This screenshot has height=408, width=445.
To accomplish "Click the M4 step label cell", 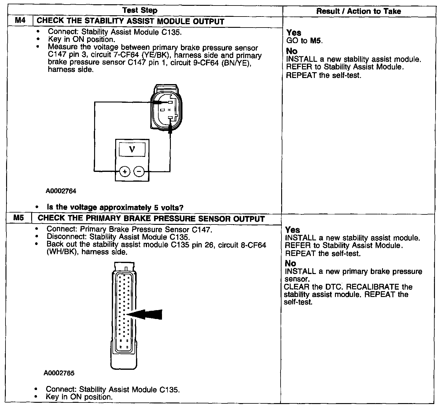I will pyautogui.click(x=19, y=21).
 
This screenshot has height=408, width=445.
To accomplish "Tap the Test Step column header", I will pyautogui.click(x=140, y=11).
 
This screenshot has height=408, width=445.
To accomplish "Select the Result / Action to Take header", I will pyautogui.click(x=359, y=11).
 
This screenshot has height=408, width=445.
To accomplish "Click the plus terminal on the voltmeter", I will pyautogui.click(x=124, y=172).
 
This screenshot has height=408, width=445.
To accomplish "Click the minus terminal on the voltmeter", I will pyautogui.click(x=139, y=172).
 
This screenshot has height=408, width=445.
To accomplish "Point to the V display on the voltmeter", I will pyautogui.click(x=132, y=149).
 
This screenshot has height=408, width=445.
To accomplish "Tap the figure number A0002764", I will pyautogui.click(x=61, y=191).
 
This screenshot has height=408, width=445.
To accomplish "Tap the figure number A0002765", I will pyautogui.click(x=59, y=373).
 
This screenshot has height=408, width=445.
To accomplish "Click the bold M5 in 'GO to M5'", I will pyautogui.click(x=316, y=41).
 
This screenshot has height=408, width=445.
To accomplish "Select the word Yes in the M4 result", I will pyautogui.click(x=294, y=33).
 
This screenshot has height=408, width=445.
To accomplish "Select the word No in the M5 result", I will pyautogui.click(x=290, y=263).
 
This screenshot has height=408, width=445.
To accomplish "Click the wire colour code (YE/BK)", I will pyautogui.click(x=156, y=55).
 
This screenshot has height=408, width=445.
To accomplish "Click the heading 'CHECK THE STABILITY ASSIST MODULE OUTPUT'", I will pyautogui.click(x=131, y=22).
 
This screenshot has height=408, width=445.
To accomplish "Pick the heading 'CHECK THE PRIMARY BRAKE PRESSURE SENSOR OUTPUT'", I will pyautogui.click(x=151, y=219).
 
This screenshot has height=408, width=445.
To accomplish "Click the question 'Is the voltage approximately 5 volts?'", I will pyautogui.click(x=115, y=207).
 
